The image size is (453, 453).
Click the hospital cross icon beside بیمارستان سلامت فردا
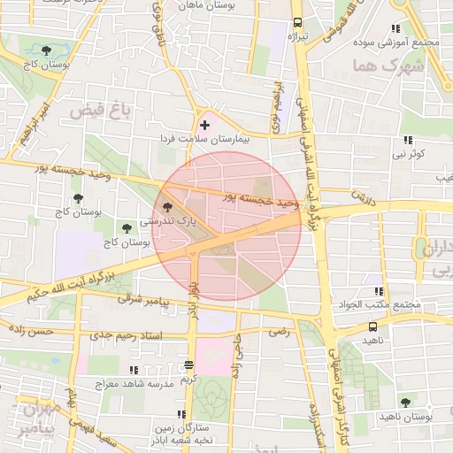(205, 126)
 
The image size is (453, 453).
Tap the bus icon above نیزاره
(296, 23)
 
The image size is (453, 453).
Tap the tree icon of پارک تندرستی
(169, 206)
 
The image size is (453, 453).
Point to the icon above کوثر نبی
(407, 140)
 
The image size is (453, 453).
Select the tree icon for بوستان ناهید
(405, 403)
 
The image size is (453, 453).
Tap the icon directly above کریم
(188, 365)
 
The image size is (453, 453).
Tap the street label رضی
(280, 331)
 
